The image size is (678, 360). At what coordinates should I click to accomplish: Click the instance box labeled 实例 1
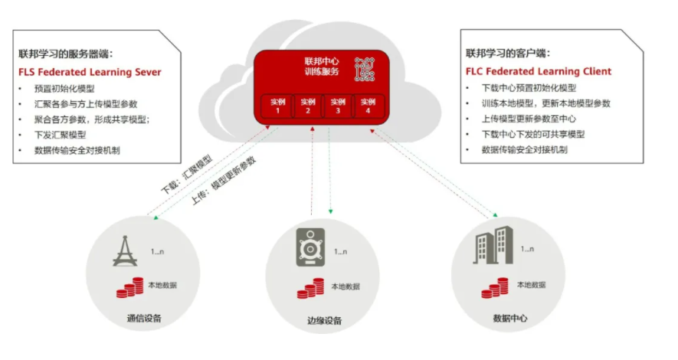pyautogui.click(x=277, y=106)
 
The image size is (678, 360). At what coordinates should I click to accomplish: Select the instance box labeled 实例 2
pyautogui.click(x=308, y=106)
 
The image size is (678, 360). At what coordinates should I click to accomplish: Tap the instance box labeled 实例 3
pyautogui.click(x=338, y=106)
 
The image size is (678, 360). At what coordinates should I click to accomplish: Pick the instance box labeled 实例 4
pyautogui.click(x=368, y=106)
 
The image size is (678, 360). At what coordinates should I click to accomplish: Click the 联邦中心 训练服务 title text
pyautogui.click(x=322, y=67)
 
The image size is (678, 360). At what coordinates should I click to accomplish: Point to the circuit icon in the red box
pyautogui.click(x=365, y=69)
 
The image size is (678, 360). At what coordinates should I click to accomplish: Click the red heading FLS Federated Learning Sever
pyautogui.click(x=90, y=72)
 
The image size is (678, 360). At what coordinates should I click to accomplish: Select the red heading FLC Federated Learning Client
pyautogui.click(x=539, y=71)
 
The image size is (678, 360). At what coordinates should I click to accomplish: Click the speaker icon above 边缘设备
pyautogui.click(x=310, y=247)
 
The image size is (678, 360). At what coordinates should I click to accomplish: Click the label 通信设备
pyautogui.click(x=144, y=319)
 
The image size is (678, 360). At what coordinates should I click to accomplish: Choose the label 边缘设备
pyautogui.click(x=324, y=321)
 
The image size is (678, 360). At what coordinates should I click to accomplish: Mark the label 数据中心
pyautogui.click(x=510, y=319)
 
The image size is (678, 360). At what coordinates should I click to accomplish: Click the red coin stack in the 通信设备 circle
pyautogui.click(x=129, y=287)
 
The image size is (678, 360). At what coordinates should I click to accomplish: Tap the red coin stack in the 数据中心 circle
pyautogui.click(x=495, y=288)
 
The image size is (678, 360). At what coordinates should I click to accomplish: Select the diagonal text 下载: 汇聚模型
pyautogui.click(x=187, y=174)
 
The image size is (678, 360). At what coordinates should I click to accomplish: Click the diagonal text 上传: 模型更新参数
pyautogui.click(x=224, y=181)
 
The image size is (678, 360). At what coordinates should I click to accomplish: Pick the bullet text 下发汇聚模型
pyautogui.click(x=60, y=135)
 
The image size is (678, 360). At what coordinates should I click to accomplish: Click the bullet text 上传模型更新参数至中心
pyautogui.click(x=529, y=119)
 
